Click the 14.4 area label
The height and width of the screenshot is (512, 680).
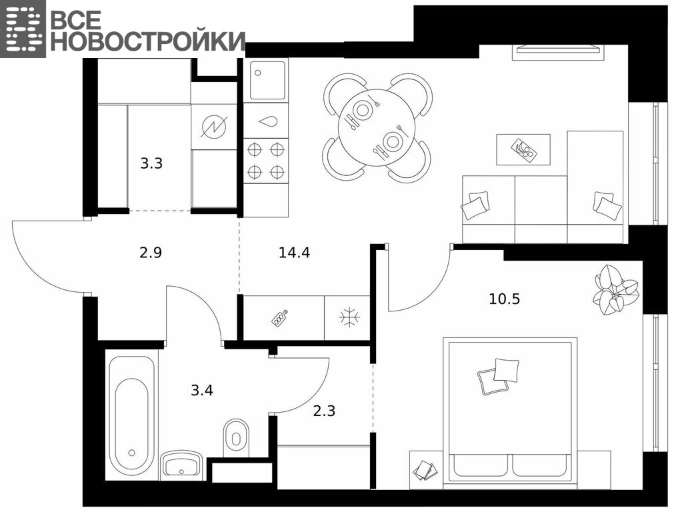coord(294,252)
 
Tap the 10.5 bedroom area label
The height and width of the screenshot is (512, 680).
coord(505,299)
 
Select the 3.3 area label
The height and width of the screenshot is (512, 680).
coord(151,163)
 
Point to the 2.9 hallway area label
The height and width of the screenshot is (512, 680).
coord(151,252)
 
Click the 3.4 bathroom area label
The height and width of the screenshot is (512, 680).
coord(202,390)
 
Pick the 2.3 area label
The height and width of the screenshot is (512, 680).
coord(325,410)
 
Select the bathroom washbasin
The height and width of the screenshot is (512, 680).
coord(181,465)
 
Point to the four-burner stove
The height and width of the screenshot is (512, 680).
coord(266,161)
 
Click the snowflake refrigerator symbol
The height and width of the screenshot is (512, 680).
coord(349,318)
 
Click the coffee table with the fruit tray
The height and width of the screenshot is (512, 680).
coord(523,149)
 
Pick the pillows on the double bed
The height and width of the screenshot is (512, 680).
coord(499,376)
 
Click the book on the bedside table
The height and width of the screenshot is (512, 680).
coord(424,470)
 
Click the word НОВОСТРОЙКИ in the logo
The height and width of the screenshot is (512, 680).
coord(148,41)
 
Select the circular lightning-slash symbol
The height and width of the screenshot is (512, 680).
coord(215,127)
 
